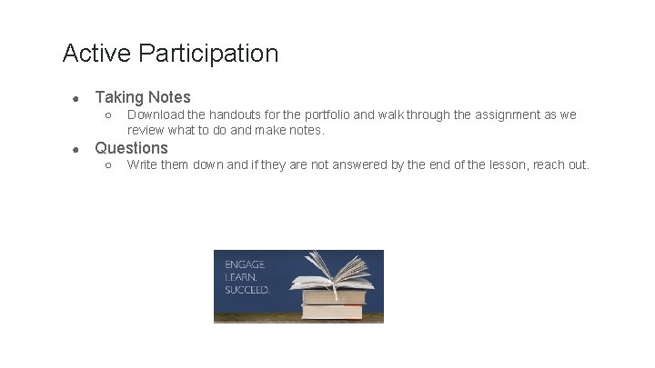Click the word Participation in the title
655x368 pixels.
209,54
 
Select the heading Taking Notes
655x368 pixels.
143,96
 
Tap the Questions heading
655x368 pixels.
132,147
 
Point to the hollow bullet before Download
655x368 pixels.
107,115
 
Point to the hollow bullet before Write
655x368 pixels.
107,165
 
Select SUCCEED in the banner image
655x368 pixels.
247,289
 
